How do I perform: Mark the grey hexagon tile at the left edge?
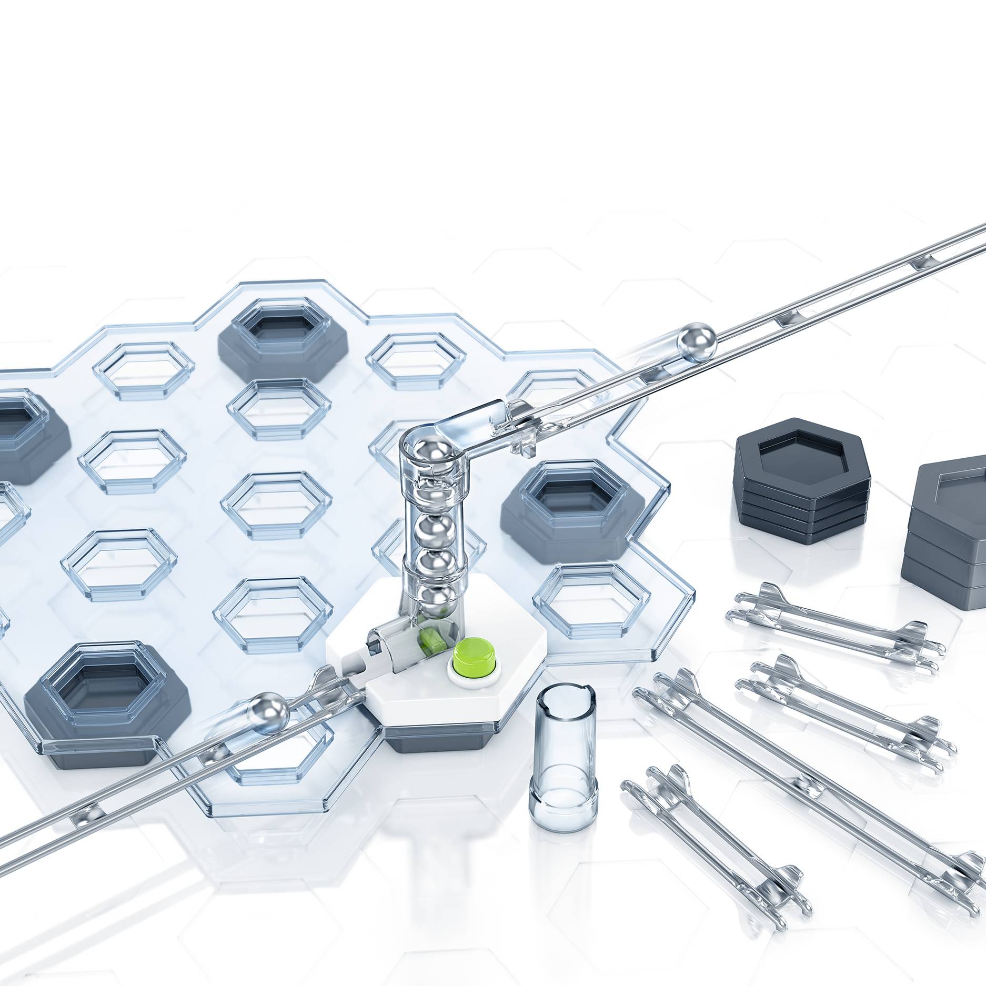click(26, 437)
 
